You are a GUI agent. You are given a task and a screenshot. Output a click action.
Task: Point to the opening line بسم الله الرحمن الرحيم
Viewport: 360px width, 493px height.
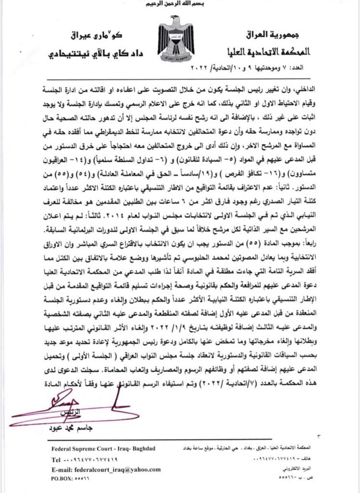coord(180,5)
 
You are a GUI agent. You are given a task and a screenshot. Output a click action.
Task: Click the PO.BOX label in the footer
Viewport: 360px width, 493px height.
coord(63,480)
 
